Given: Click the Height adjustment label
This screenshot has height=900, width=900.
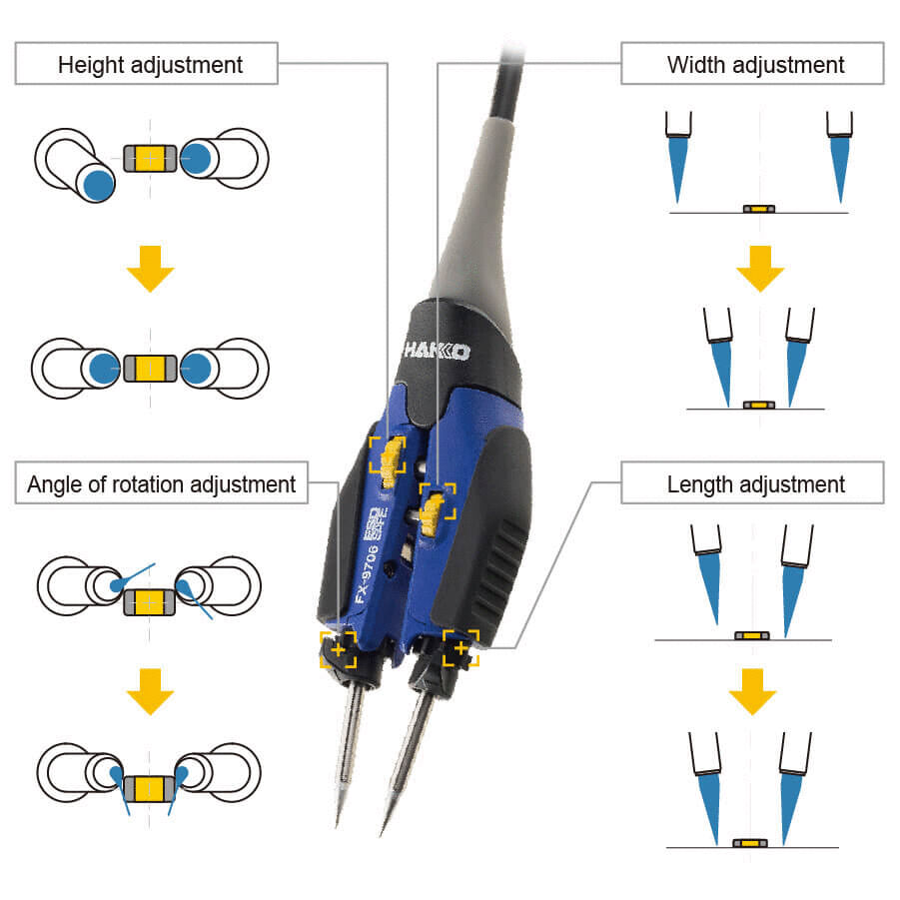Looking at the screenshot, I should pos(150,66).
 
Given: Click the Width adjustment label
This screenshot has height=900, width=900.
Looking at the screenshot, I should pos(755,66).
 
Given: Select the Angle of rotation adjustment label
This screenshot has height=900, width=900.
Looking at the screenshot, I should pos(162,484).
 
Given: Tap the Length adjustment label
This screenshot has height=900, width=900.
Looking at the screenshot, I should pos(755,484).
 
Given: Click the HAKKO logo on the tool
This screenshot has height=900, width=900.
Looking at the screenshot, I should pos(438,352).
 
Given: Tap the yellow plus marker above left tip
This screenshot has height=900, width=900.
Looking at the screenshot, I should pos(338,650).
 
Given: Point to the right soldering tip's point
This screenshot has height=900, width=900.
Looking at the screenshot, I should pos(382,835).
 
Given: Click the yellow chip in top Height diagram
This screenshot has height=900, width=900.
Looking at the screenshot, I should pos(151,157).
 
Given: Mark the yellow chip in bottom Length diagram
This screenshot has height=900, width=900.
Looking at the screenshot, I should pos(750,843).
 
